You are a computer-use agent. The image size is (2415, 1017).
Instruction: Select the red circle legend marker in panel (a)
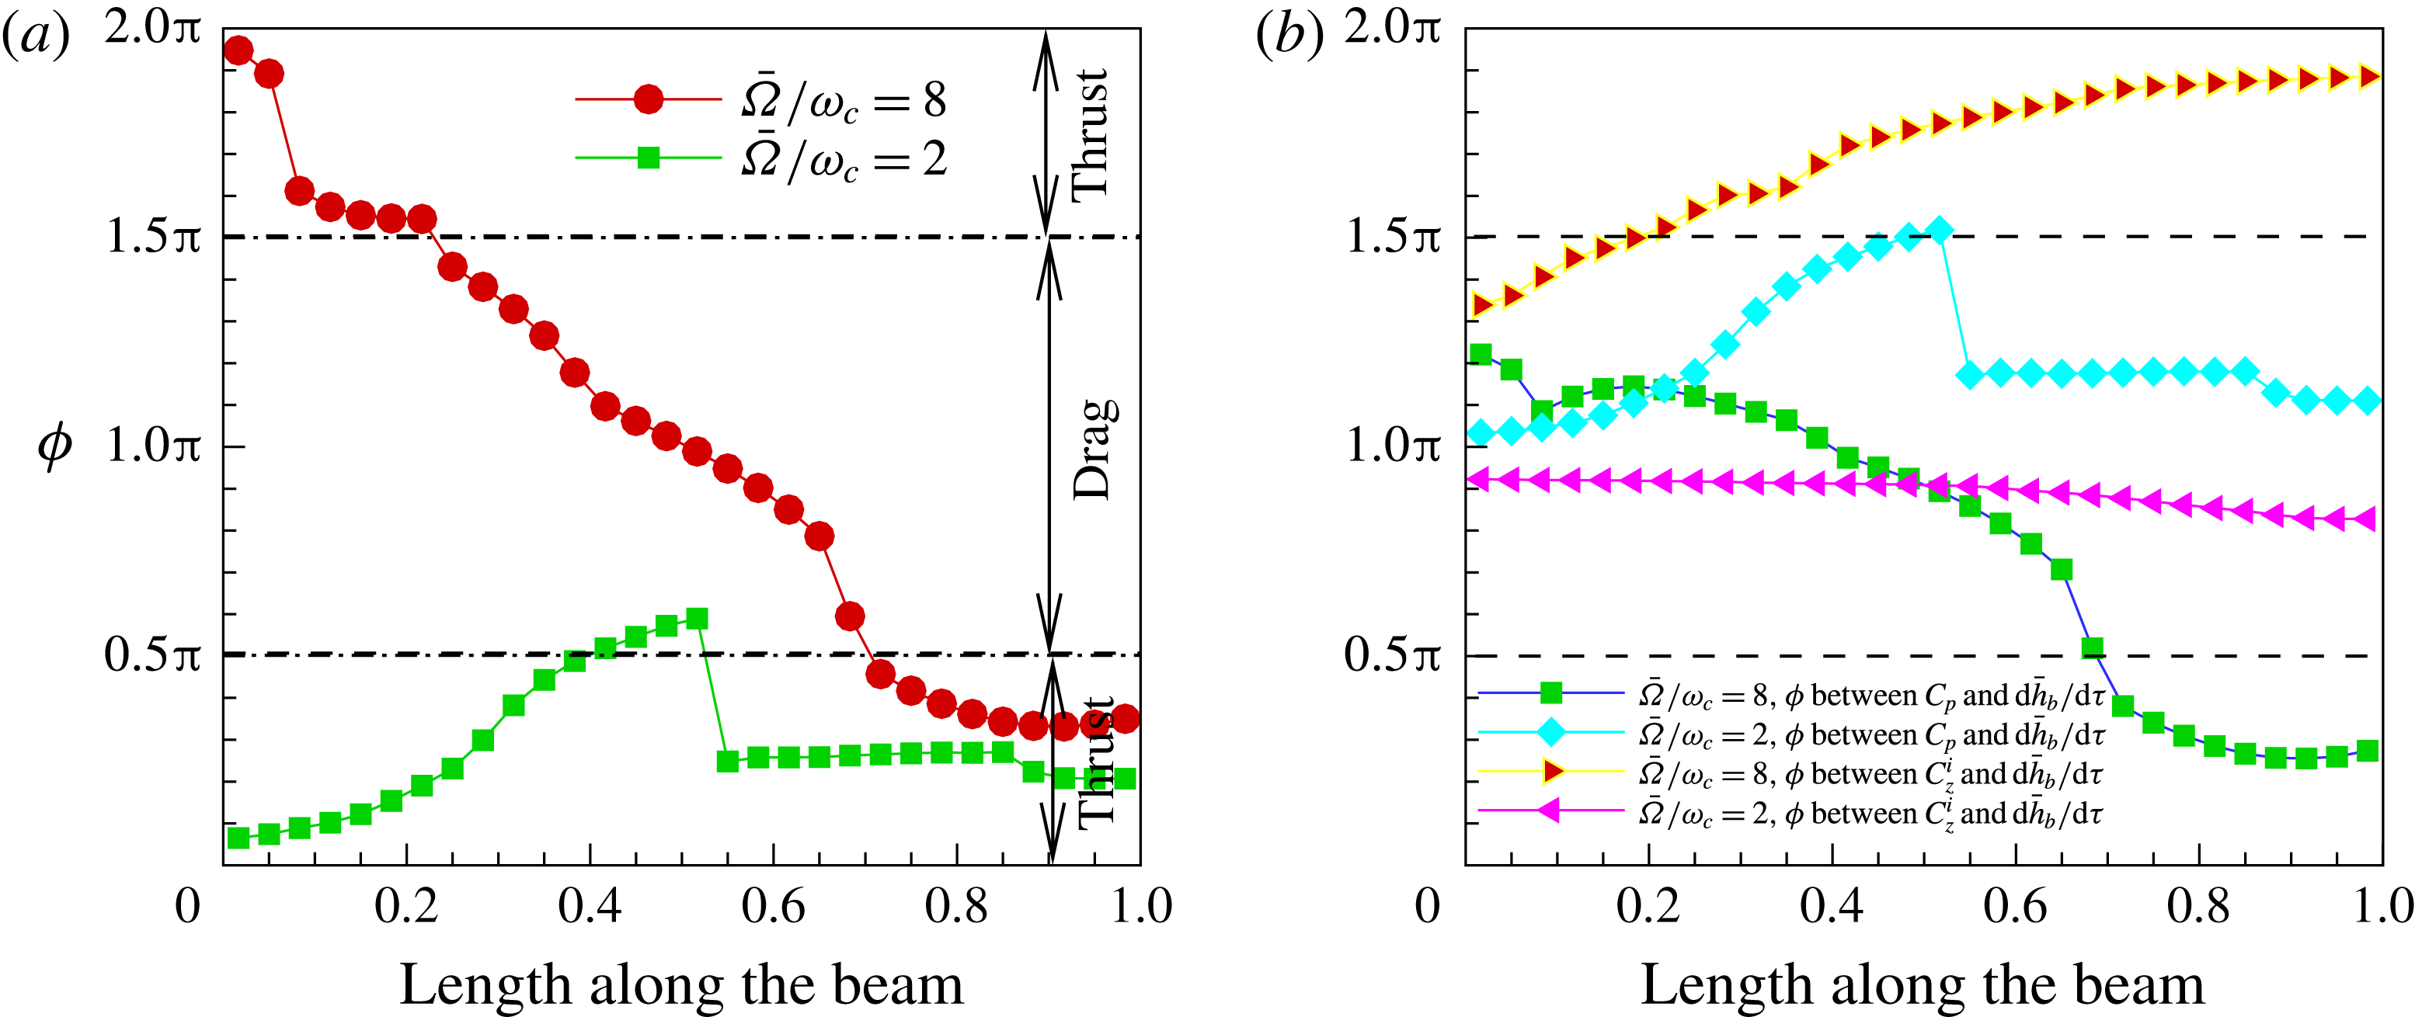649,99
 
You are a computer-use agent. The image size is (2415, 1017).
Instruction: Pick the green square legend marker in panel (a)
649,158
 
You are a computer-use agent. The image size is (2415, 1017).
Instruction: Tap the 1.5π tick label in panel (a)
153,236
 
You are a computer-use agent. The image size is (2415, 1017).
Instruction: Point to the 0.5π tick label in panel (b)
1392,654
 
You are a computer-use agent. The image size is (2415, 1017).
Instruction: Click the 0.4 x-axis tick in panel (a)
589,907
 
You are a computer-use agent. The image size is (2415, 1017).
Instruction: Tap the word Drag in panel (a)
1093,450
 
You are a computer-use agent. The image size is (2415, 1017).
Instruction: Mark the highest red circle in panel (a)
238,50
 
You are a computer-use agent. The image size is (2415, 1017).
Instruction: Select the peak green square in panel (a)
697,619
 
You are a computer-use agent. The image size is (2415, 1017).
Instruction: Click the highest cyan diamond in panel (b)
1940,230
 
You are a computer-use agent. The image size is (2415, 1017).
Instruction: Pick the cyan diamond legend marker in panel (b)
1551,732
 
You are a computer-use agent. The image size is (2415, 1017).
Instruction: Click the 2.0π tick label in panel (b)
1392,28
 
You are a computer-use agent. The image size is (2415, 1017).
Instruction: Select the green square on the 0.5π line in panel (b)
2093,647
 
